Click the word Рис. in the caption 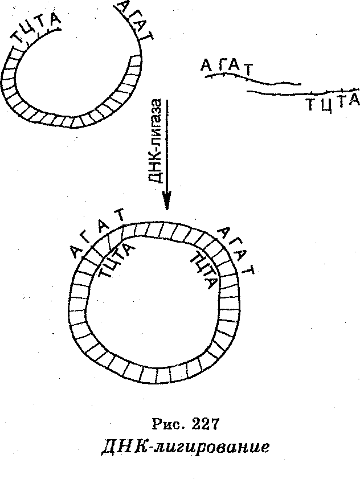[169, 424]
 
